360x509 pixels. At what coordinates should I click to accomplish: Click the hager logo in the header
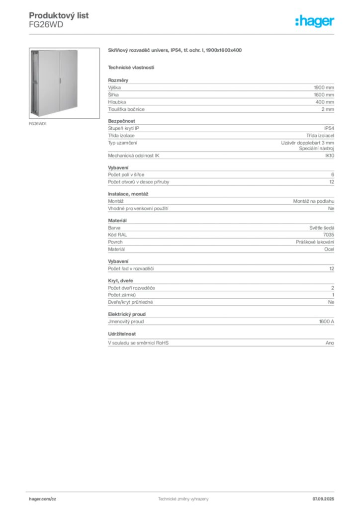pos(314,21)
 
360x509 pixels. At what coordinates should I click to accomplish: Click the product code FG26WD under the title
pos(46,25)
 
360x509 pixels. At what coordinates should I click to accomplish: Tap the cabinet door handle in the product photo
pos(60,81)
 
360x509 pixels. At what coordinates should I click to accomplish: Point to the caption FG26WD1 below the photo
pos(38,124)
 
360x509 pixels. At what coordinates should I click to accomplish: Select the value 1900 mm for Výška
pos(324,87)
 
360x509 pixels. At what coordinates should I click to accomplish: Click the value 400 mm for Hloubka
pos(325,102)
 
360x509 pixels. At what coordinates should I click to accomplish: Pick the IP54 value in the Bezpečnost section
pos(329,128)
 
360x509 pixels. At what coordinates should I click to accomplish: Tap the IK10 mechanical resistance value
pos(330,156)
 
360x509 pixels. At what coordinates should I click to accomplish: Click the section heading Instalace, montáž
pos(128,194)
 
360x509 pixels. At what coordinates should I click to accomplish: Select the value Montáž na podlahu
pos(314,201)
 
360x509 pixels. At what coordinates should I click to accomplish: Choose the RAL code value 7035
pos(329,235)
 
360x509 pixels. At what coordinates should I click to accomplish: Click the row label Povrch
pos(115,242)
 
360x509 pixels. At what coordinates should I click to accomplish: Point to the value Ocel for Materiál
pos(329,250)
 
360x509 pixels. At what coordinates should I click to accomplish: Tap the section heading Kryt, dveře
pos(120,280)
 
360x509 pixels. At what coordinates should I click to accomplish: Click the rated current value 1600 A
pos(326,322)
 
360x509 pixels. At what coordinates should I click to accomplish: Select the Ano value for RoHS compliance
pos(330,343)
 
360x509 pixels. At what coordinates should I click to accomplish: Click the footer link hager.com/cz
pos(43,499)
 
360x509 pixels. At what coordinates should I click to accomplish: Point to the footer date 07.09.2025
pos(323,499)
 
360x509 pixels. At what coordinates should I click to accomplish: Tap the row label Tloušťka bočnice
pos(126,109)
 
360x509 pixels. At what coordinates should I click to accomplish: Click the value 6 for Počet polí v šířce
pos(333,174)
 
